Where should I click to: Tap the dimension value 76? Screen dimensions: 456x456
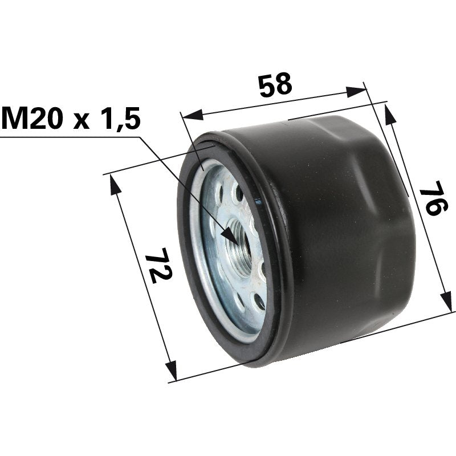[x=433, y=198]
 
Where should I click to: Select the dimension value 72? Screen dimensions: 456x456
[x=159, y=265]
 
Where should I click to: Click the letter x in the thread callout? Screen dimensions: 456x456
[x=81, y=121]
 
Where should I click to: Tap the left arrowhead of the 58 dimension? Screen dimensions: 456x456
[x=192, y=115]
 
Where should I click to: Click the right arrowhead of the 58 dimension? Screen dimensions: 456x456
[x=356, y=92]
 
